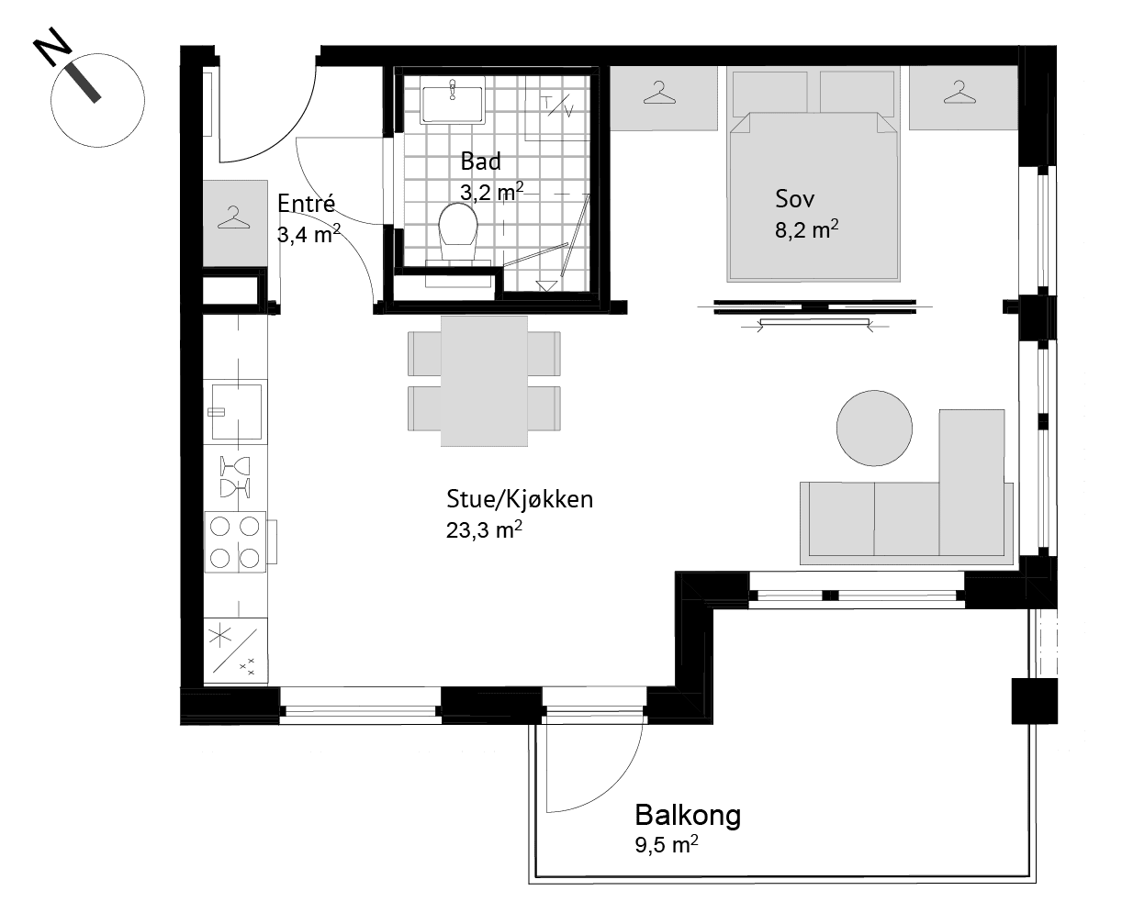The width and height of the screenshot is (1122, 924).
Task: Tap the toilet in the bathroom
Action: point(458,232)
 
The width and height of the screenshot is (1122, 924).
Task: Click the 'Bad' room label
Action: point(480,161)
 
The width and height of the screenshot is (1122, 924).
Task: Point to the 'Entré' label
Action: point(306,203)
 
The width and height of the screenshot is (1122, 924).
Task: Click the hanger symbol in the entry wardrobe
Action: point(233,217)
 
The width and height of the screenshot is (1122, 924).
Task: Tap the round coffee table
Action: point(874,429)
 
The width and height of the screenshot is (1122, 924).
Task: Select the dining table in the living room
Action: point(484,382)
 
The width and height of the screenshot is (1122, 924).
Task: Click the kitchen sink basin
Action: point(237,411)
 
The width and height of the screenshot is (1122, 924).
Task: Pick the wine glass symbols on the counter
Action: point(235,477)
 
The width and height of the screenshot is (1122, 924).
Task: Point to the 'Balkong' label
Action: point(688,815)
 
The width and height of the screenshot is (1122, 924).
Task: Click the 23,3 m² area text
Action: point(484,529)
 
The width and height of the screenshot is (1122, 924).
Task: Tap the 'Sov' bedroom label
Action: point(794,199)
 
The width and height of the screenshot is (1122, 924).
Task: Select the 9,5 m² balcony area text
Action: point(667,844)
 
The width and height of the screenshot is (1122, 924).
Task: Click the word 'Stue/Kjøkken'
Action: point(520,499)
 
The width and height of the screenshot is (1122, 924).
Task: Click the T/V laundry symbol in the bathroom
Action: point(557,106)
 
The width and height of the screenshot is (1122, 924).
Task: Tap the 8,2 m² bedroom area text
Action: point(806,229)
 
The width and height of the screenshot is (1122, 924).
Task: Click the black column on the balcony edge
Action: point(1035,701)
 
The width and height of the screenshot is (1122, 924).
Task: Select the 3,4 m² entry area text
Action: point(309,234)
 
